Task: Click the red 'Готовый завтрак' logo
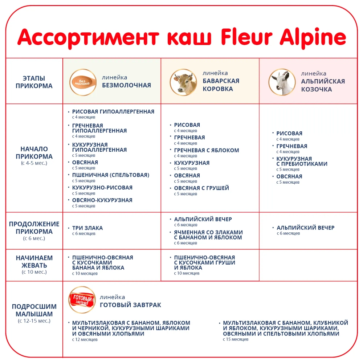pos(82,300)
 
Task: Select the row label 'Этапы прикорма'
pos(34,82)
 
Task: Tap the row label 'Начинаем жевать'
pos(34,262)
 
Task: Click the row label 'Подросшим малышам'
pos(34,310)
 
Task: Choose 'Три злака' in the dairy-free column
pos(87,228)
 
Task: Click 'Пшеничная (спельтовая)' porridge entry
pos(111,175)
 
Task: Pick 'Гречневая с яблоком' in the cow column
pos(206,150)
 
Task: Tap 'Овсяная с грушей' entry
pos(201,188)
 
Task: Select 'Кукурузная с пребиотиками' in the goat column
pos(302,161)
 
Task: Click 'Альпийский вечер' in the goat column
pos(305,228)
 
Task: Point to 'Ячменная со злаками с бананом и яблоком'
pos(208,235)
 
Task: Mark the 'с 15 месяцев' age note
pos(236,339)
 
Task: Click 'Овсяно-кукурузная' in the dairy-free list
pos(102,200)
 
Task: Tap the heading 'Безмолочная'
pos(126,86)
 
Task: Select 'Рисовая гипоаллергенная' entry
pos(113,112)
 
